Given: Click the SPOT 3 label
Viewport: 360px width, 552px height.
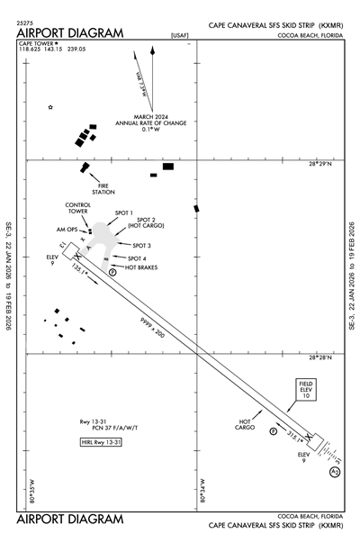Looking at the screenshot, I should pyautogui.click(x=141, y=245).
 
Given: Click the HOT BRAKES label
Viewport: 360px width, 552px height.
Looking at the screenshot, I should pyautogui.click(x=142, y=267).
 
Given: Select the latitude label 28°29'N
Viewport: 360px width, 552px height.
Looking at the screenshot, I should pyautogui.click(x=320, y=164).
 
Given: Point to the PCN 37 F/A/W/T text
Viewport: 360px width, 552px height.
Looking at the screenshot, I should pyautogui.click(x=99, y=429).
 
